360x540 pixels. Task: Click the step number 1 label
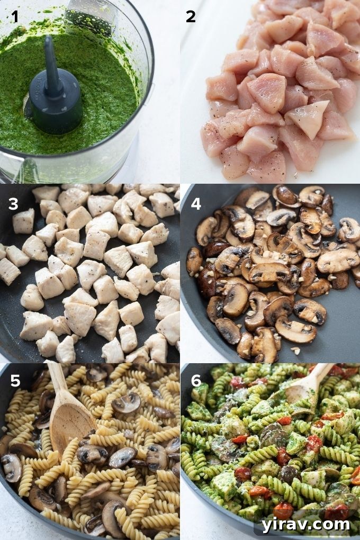pyautogui.click(x=15, y=17)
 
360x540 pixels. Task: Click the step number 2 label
pyautogui.click(x=191, y=17)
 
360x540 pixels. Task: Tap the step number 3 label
pyautogui.click(x=14, y=203)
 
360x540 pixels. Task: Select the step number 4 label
pyautogui.click(x=196, y=203)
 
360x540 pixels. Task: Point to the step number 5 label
pyautogui.click(x=14, y=381)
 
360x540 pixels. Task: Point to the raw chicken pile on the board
pyautogui.click(x=281, y=90)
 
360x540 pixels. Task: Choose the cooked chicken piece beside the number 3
pyautogui.click(x=24, y=221)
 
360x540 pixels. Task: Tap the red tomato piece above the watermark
pyautogui.click(x=283, y=510)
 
